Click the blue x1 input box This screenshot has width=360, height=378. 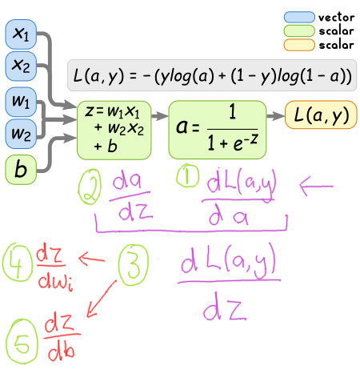coord(21,34)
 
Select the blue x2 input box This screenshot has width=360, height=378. coord(21,66)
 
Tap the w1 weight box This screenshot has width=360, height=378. coord(21,102)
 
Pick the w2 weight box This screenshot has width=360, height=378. coord(21,134)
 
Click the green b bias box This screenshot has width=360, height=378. coord(21,170)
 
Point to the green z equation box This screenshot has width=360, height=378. coord(114,131)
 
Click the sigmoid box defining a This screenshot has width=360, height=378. coord(218,130)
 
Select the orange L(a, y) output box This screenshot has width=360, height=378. coord(321,115)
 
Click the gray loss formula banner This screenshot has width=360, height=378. coord(212,75)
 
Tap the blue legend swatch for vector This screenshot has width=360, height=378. coord(299,17)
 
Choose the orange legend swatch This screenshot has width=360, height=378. coord(299,45)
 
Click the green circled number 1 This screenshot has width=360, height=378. coord(188,175)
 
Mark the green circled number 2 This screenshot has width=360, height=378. coord(90,187)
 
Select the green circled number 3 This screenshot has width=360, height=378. coord(133,265)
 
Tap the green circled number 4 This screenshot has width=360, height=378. coord(18,262)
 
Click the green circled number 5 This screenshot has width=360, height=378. coord(22,341)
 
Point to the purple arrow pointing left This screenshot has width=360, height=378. coord(316,186)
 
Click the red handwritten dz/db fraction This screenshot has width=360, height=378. coord(62,336)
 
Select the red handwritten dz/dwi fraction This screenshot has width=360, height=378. coord(54,268)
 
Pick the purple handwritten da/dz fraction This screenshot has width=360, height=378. coord(130,198)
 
